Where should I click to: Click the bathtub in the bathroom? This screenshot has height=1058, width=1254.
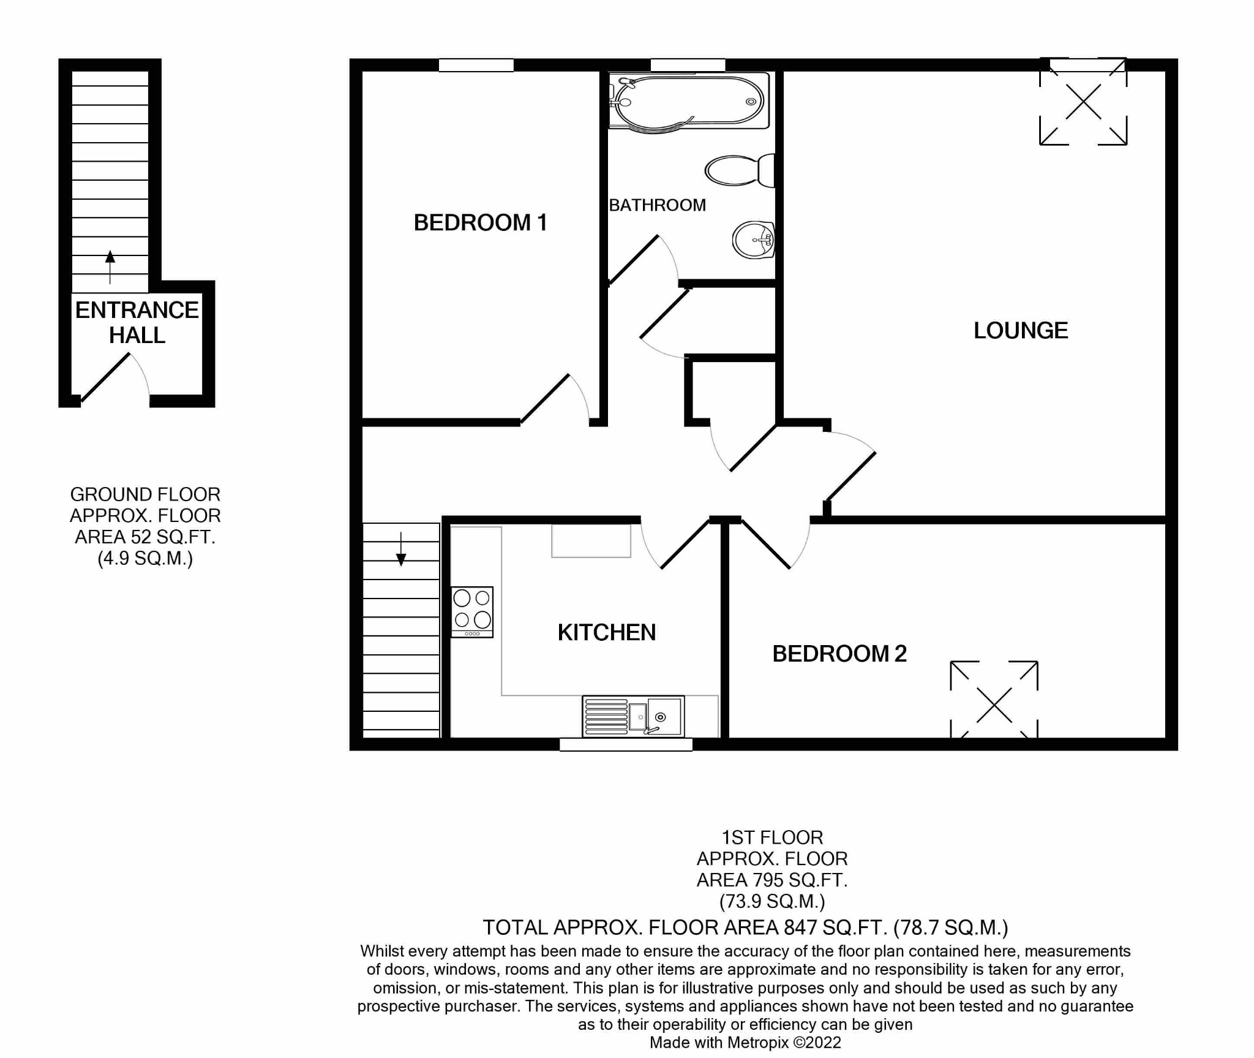(x=689, y=102)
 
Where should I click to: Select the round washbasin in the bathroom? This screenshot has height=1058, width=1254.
(x=753, y=240)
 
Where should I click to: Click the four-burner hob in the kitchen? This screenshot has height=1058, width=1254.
(x=472, y=612)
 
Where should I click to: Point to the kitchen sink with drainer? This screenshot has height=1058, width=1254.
(x=633, y=716)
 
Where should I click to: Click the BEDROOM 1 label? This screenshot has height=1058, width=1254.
(x=481, y=222)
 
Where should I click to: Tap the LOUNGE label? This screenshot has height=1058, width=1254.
(x=1021, y=331)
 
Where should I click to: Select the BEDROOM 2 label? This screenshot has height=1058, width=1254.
(x=839, y=654)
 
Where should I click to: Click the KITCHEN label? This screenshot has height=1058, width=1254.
(x=606, y=632)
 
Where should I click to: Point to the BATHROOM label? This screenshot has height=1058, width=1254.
(x=657, y=205)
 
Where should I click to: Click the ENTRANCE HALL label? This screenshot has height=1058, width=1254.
(x=137, y=322)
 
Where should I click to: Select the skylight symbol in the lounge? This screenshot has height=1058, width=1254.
(x=1083, y=102)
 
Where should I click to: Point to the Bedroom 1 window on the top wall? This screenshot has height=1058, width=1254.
(x=476, y=65)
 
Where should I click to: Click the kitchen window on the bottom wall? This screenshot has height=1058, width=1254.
(x=626, y=744)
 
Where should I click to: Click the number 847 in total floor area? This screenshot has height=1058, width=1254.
(x=800, y=928)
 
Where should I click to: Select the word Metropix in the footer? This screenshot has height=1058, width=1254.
(x=758, y=1042)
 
